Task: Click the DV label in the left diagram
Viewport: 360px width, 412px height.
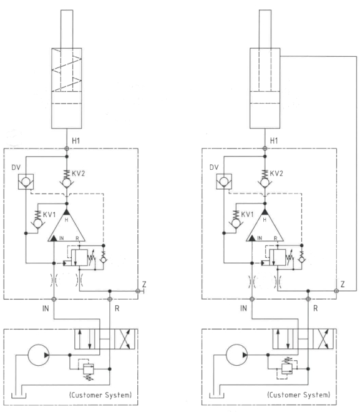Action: point(16,167)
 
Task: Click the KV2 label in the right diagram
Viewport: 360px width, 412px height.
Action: point(276,174)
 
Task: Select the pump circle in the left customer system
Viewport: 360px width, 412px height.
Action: point(38,355)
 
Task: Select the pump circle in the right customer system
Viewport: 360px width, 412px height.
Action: point(236,355)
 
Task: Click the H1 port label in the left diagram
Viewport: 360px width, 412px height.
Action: point(76,141)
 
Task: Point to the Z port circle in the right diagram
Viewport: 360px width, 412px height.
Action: point(336,291)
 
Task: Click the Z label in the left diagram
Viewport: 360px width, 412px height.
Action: point(144,284)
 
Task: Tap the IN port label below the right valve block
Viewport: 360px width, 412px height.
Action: point(244,308)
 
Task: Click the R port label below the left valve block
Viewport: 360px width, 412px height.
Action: point(117,308)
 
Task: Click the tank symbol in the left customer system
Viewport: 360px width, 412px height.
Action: point(19,395)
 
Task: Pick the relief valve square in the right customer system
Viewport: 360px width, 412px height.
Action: point(287,369)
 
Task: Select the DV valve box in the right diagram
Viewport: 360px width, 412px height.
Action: point(224,182)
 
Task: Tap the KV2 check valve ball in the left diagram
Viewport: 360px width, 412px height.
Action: point(67,182)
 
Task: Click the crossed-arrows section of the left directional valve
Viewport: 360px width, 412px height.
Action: point(126,339)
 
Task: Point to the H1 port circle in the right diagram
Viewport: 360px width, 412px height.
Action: point(265,149)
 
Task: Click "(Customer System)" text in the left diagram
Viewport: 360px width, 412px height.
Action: point(100,395)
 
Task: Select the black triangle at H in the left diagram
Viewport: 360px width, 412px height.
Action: point(67,212)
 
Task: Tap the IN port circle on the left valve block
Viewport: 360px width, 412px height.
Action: point(54,299)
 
